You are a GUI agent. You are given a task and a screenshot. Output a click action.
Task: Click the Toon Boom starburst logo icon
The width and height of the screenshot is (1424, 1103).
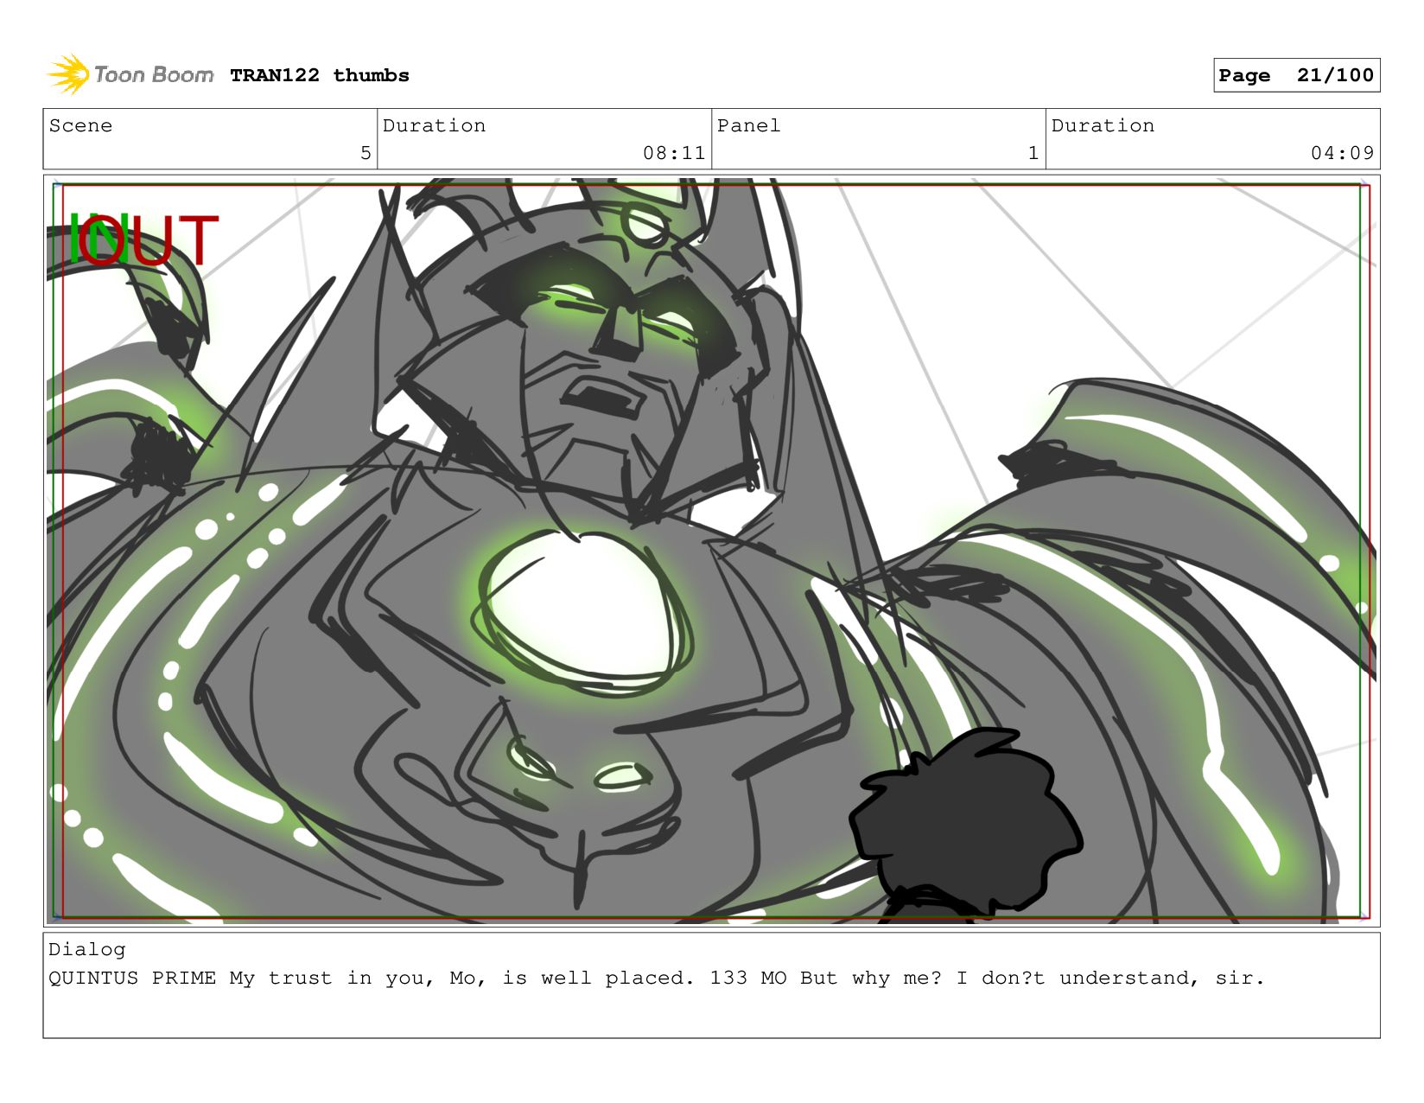click(68, 74)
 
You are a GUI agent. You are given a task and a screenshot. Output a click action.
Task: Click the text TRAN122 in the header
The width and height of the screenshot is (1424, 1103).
click(275, 75)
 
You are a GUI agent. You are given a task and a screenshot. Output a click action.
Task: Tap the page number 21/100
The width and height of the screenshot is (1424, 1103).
click(1335, 75)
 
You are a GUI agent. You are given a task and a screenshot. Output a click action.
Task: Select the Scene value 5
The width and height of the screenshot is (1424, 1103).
click(366, 153)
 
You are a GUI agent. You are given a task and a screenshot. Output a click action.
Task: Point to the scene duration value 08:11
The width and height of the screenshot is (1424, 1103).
click(674, 153)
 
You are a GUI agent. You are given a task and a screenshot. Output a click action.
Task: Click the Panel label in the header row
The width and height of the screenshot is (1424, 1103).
click(748, 125)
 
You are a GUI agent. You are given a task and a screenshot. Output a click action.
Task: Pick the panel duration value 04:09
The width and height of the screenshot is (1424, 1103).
click(1341, 153)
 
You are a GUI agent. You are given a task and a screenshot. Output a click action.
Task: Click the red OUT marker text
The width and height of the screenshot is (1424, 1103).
click(148, 239)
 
